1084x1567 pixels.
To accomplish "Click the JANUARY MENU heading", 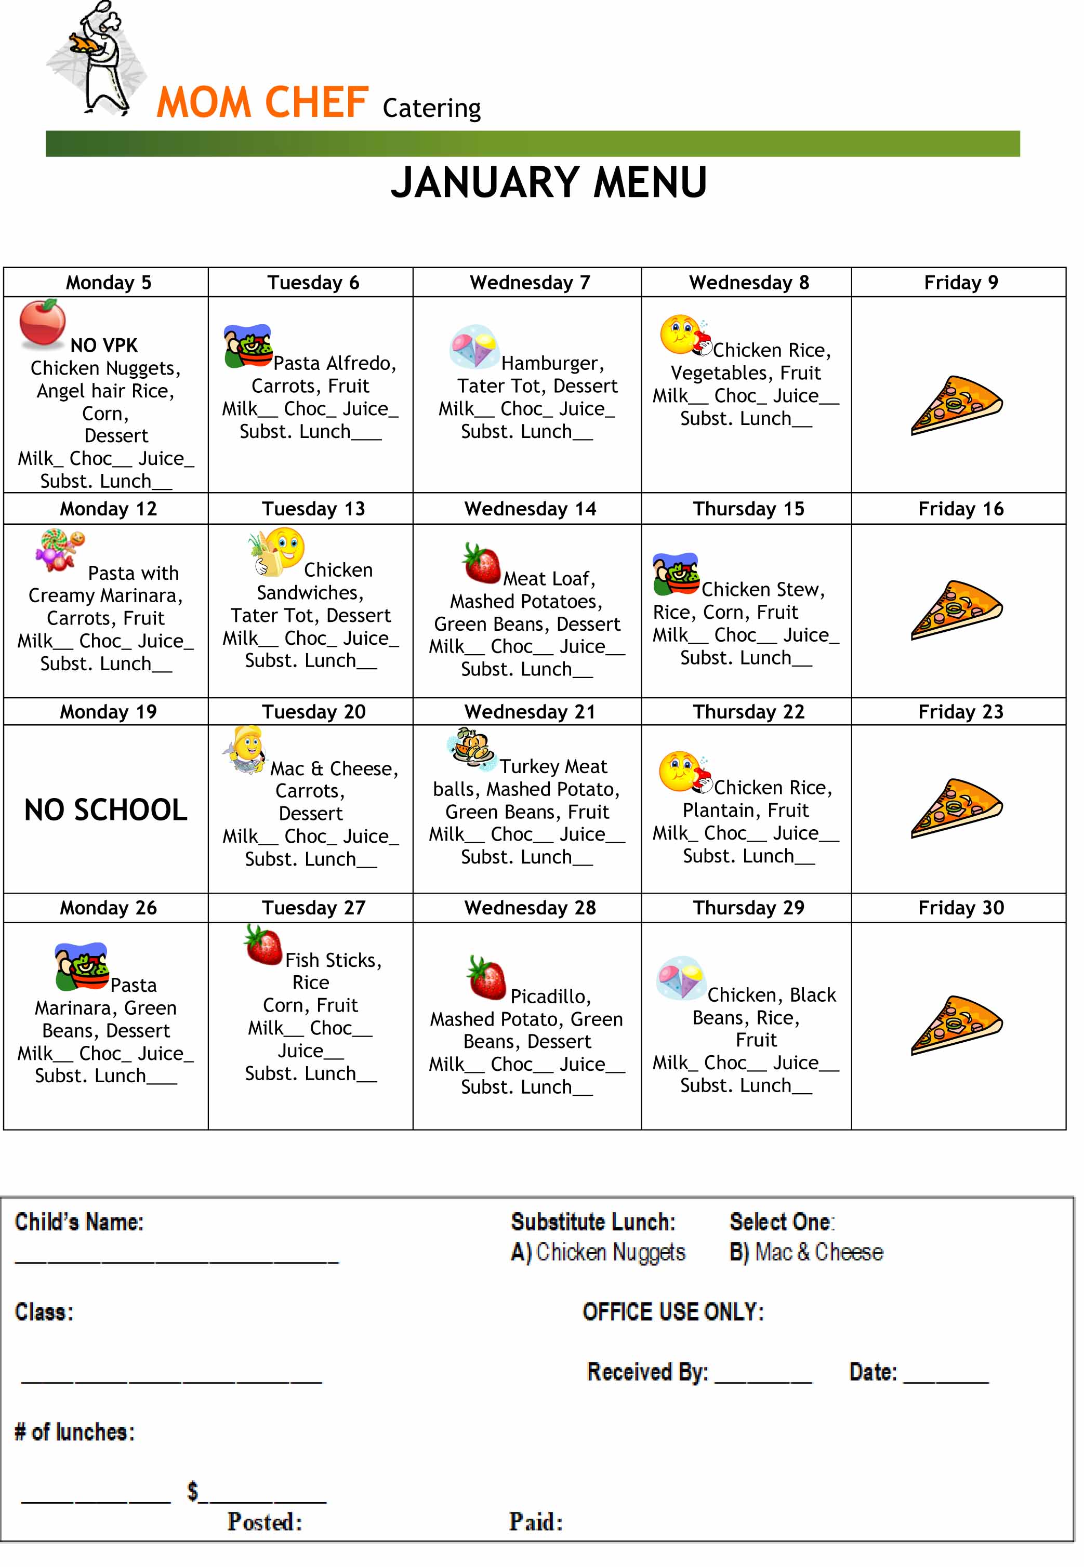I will point(549,183).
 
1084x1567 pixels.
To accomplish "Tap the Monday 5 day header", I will point(108,283).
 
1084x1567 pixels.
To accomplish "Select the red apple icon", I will point(42,323).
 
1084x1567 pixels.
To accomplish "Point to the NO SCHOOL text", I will point(106,810).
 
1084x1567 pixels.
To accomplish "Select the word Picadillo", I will point(550,996).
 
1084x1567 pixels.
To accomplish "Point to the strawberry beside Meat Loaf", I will point(482,564).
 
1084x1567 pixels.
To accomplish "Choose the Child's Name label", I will point(80,1222).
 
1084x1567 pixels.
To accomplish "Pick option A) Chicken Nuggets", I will point(598,1253).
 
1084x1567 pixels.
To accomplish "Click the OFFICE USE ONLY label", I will point(673,1312).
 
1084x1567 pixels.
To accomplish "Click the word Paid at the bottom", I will point(536,1522).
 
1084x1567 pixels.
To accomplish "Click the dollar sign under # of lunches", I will point(193,1492).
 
